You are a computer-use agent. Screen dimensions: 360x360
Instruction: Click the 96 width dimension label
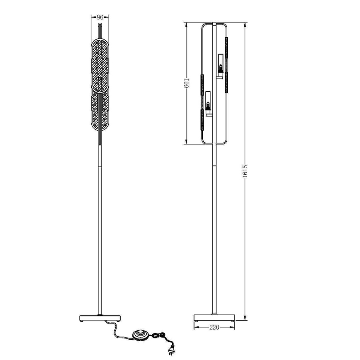[100, 17]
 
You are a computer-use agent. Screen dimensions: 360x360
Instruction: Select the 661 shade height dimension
[187, 83]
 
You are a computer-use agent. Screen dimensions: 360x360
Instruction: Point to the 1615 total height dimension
[245, 171]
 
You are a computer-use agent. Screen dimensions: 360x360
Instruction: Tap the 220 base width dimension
[214, 327]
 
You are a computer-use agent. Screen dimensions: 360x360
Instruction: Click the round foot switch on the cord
[140, 334]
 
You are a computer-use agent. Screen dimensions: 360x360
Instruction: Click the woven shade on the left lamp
[100, 83]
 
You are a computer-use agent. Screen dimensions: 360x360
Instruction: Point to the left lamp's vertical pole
[100, 228]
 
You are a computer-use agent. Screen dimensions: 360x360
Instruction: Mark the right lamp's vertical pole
[214, 228]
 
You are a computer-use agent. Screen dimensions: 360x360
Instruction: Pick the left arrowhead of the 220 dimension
[195, 327]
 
